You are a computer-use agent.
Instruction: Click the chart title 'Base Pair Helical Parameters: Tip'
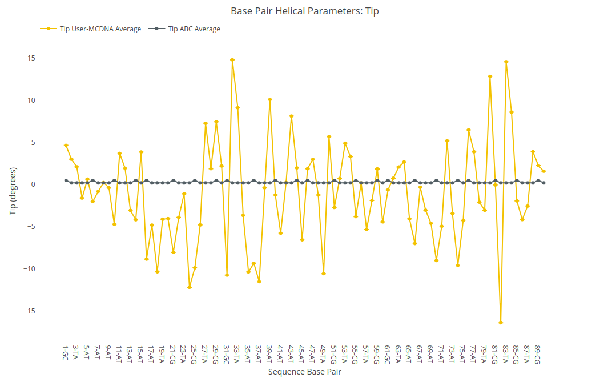point(304,11)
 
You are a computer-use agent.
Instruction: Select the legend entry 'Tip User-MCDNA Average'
point(91,29)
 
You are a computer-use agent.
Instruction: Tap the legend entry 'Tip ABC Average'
point(184,29)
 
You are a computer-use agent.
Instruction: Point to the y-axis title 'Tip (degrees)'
point(13,191)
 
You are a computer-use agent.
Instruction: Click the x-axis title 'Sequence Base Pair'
point(304,372)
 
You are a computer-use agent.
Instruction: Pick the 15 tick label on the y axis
point(31,58)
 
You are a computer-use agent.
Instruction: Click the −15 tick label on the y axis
point(29,311)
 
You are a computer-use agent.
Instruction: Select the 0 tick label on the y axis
point(33,184)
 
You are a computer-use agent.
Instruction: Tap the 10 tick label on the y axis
point(31,100)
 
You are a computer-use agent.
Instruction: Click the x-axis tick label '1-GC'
point(66,353)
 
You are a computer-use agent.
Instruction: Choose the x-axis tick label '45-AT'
point(301,355)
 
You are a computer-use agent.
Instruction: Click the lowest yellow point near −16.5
point(501,323)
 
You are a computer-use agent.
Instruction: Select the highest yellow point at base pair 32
point(232,60)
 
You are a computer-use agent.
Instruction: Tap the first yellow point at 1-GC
point(66,146)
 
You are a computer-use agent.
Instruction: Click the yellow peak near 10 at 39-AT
point(270,100)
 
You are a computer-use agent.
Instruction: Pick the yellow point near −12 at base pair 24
point(189,287)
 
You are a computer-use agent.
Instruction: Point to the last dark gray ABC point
point(543,183)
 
